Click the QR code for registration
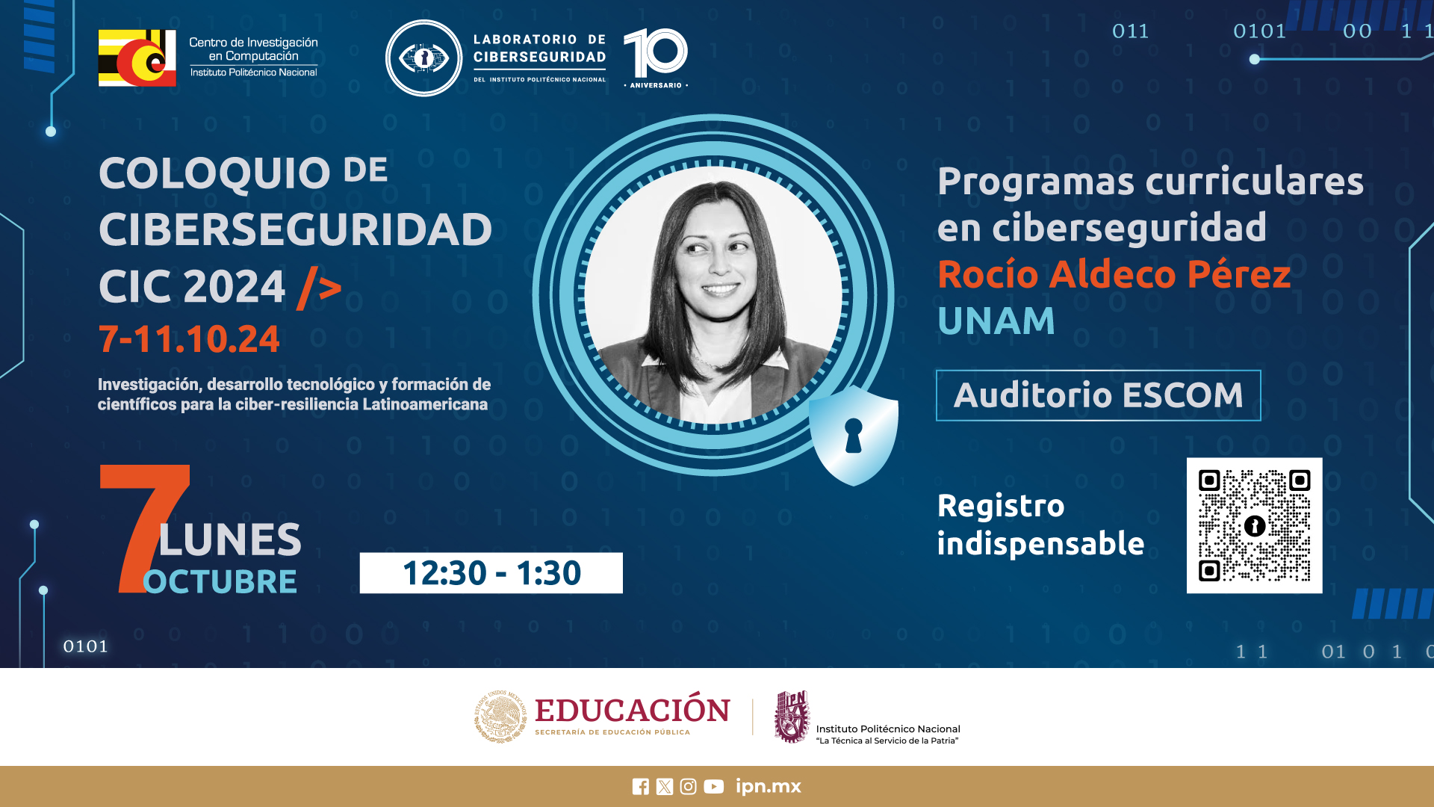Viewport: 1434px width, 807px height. [1254, 525]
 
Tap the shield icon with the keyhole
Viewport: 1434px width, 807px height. [854, 436]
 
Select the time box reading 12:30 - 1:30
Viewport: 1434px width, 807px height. [491, 573]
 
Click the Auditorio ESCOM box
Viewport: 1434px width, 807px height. [1098, 395]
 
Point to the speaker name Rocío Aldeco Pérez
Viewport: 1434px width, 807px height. [1114, 274]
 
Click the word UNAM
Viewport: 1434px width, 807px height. [996, 321]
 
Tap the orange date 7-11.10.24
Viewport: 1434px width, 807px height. [189, 339]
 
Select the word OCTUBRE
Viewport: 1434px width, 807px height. [220, 581]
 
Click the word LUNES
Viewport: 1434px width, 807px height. [230, 539]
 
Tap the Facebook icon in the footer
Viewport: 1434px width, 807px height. [640, 787]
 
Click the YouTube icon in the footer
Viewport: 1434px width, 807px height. [713, 787]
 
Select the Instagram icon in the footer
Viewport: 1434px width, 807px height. [688, 787]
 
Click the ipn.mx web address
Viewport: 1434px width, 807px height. [768, 787]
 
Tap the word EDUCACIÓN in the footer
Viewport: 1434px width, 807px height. [633, 710]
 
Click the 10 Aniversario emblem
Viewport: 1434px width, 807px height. [656, 58]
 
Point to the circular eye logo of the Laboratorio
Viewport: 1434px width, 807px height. [423, 58]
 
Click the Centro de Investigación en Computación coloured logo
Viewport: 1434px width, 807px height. [137, 58]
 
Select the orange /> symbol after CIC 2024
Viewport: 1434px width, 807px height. [319, 288]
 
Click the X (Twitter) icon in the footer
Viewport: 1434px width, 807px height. [664, 787]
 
